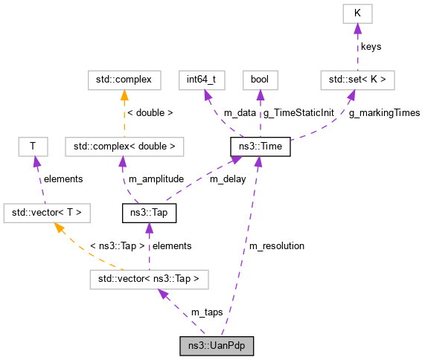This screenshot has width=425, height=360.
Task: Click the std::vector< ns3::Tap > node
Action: click(148, 280)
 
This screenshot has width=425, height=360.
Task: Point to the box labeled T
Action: click(33, 147)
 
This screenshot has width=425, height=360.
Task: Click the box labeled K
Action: click(357, 13)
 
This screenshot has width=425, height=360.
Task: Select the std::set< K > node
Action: click(357, 78)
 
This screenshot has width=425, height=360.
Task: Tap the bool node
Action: click(260, 78)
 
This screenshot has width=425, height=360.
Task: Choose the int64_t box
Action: click(201, 78)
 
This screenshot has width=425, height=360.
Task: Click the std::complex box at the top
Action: click(120, 78)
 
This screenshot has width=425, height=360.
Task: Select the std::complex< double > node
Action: click(124, 147)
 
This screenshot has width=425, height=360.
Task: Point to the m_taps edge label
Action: click(206, 312)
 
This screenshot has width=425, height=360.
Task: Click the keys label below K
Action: click(371, 46)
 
